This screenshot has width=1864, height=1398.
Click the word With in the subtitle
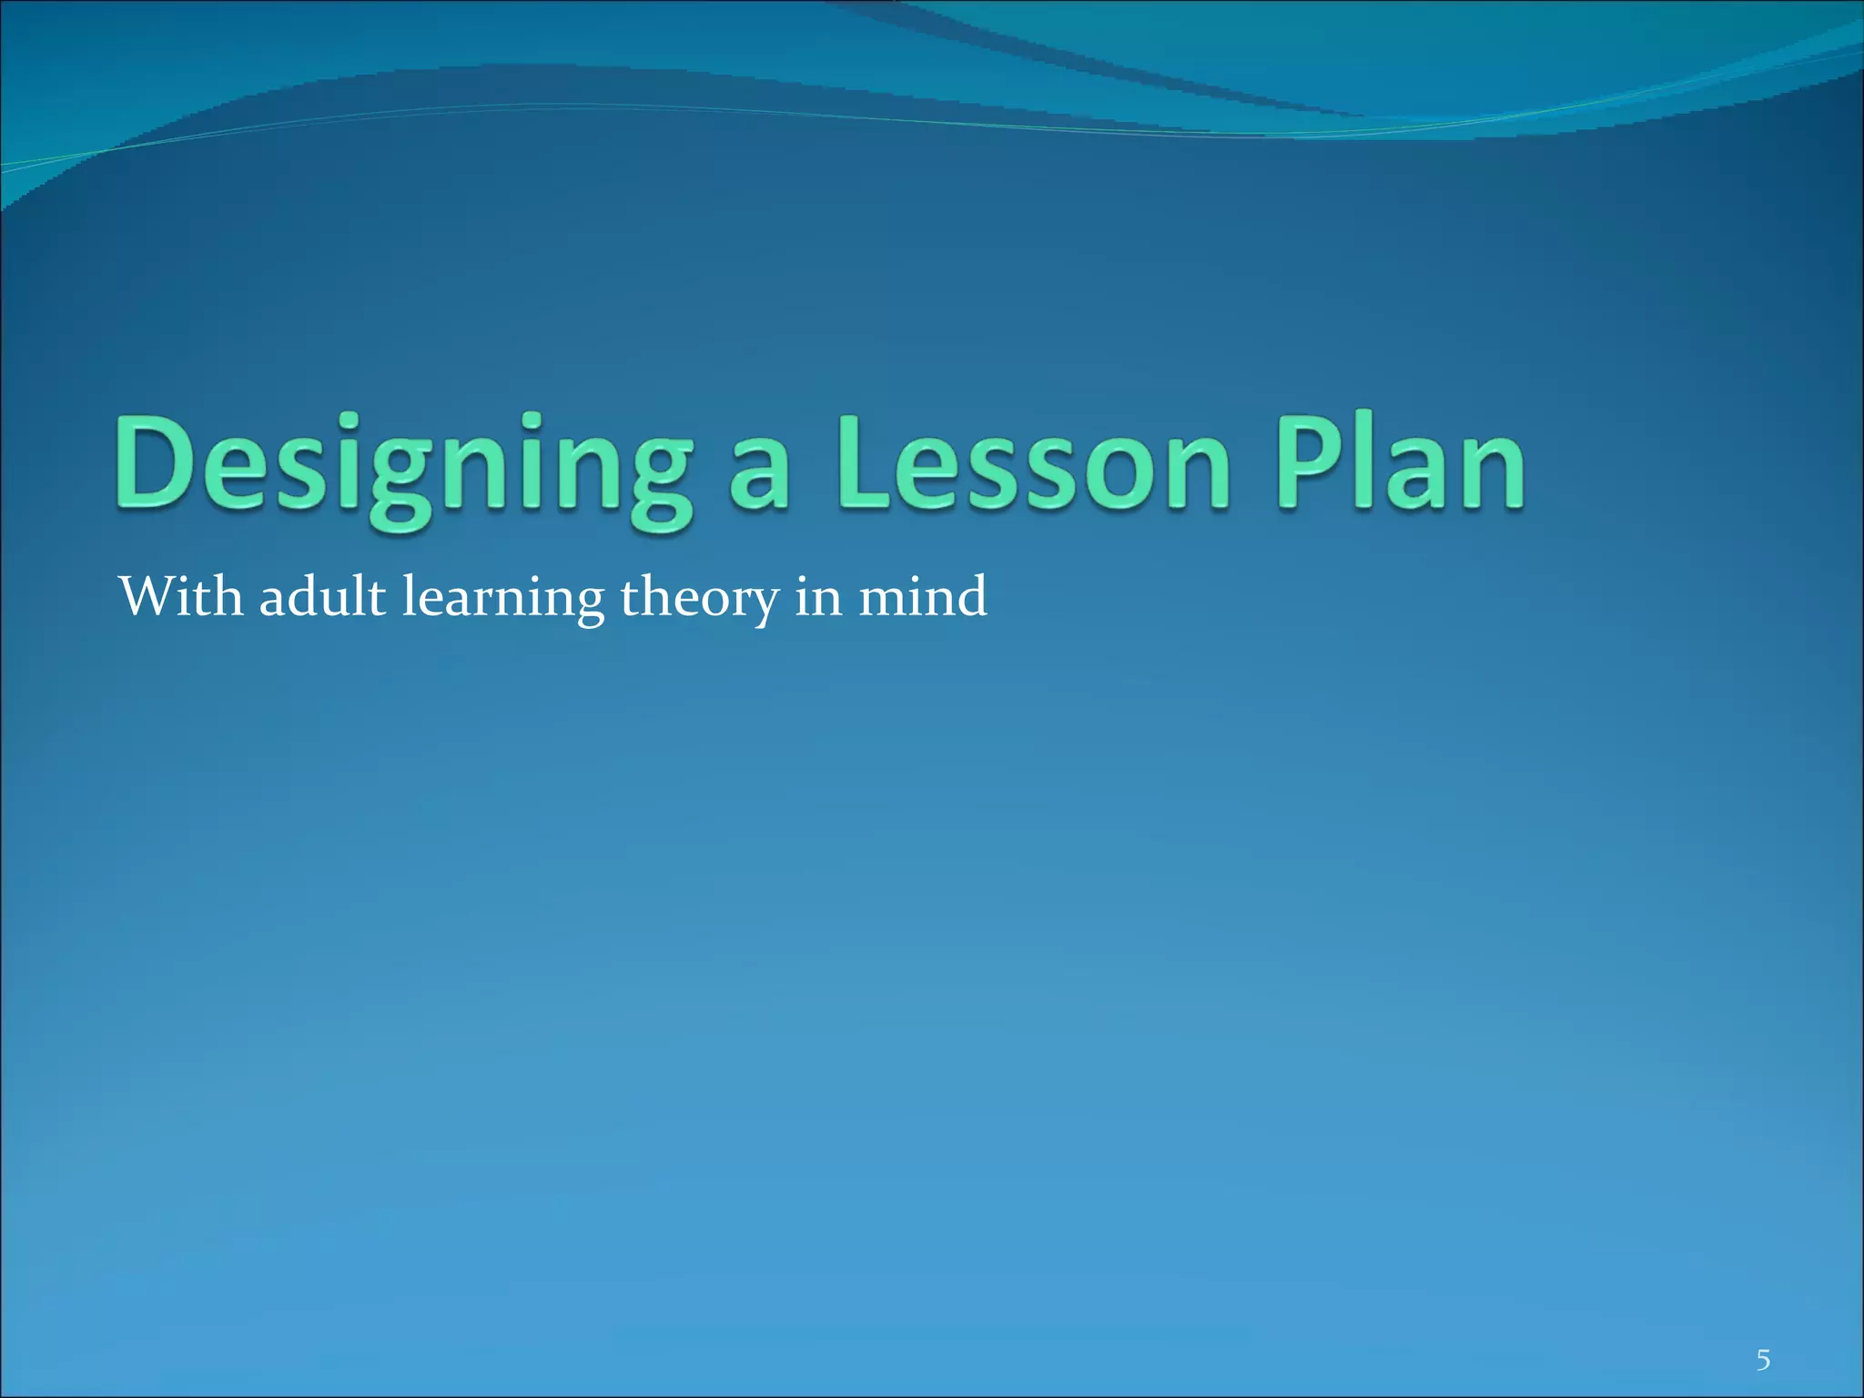(x=181, y=597)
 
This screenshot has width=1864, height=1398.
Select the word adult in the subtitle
(x=322, y=597)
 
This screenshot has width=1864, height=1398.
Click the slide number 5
(x=1763, y=1335)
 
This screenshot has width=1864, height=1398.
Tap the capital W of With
(x=146, y=597)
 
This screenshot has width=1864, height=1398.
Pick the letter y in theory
(x=765, y=606)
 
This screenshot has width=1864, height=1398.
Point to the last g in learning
(x=588, y=606)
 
